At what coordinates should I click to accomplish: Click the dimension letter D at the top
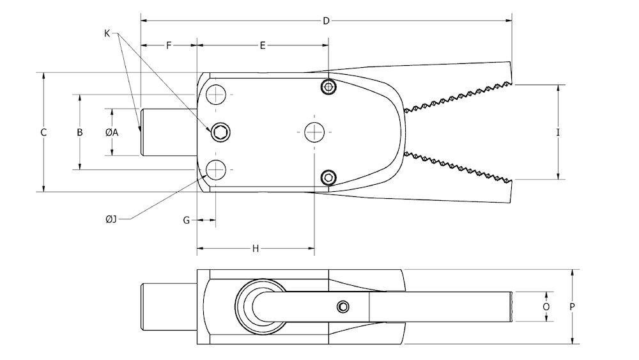(326, 21)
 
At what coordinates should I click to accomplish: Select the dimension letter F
(169, 45)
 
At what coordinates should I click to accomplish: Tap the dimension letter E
(262, 45)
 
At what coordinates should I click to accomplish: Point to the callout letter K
(107, 33)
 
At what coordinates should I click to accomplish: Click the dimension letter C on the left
(43, 132)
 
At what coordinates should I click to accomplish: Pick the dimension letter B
(80, 132)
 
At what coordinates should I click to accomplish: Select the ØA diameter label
(112, 132)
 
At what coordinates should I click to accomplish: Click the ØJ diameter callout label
(111, 219)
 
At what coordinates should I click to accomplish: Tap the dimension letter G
(186, 220)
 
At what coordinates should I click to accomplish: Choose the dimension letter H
(255, 249)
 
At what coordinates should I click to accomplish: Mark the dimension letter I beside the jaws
(558, 132)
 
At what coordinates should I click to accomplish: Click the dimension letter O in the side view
(546, 307)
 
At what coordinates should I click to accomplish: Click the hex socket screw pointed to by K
(221, 132)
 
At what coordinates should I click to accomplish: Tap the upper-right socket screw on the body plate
(328, 87)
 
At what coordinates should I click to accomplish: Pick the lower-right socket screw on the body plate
(328, 177)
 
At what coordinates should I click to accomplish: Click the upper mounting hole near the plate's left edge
(217, 95)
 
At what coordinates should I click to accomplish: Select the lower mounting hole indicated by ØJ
(217, 169)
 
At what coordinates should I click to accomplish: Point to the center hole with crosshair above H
(314, 132)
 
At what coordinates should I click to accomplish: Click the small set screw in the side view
(343, 307)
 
